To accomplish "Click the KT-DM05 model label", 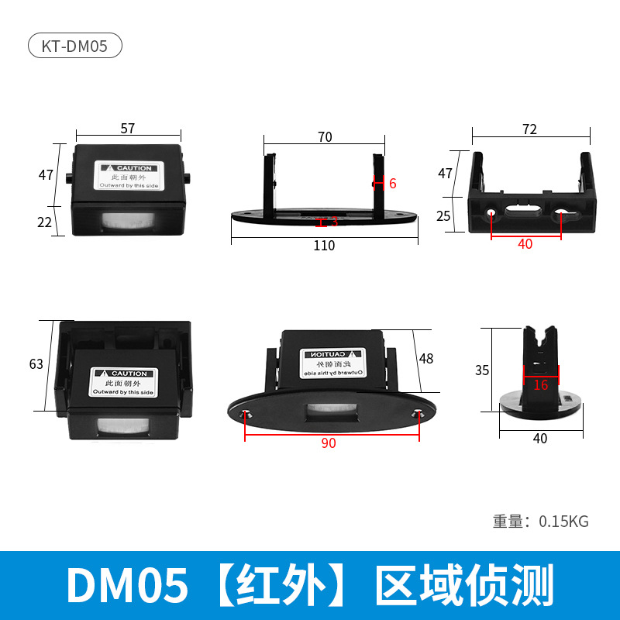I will pyautogui.click(x=75, y=46).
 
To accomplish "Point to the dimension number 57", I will pyautogui.click(x=128, y=129).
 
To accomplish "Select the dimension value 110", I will pyautogui.click(x=324, y=246).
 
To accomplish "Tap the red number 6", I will pyautogui.click(x=392, y=184).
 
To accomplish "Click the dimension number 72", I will pyautogui.click(x=529, y=129).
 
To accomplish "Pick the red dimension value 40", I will pyautogui.click(x=525, y=244).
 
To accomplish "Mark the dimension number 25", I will pyautogui.click(x=444, y=216).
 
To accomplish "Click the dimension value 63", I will pyautogui.click(x=36, y=364).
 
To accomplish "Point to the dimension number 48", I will pyautogui.click(x=425, y=359).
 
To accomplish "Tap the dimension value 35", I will pyautogui.click(x=482, y=370).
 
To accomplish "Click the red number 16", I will pyautogui.click(x=540, y=385).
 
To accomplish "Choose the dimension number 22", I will pyautogui.click(x=45, y=222).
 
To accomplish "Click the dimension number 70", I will pyautogui.click(x=325, y=137).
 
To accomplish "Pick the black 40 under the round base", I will pyautogui.click(x=540, y=439).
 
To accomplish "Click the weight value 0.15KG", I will pyautogui.click(x=563, y=522).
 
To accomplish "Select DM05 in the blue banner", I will pyautogui.click(x=127, y=586).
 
